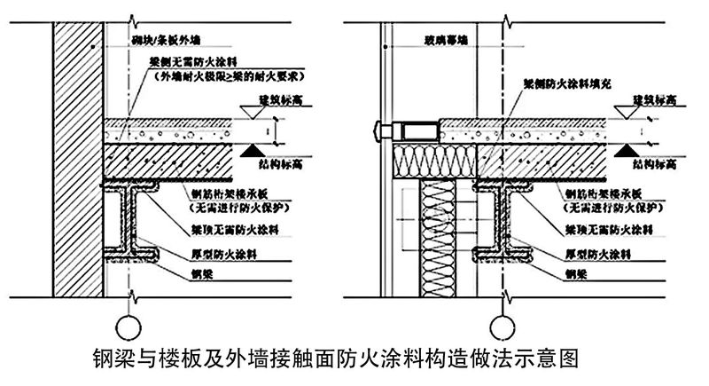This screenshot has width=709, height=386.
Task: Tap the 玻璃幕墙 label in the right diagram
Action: pos(441,40)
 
